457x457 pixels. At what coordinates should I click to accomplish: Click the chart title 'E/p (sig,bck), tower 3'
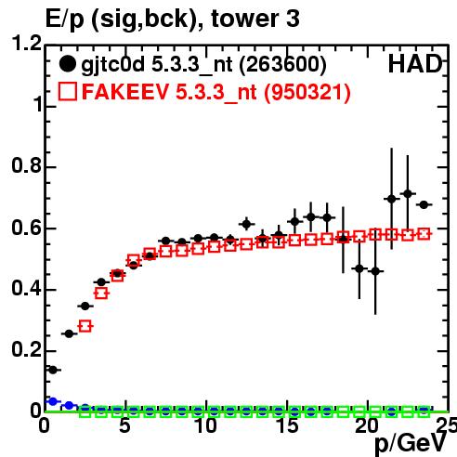[173, 20]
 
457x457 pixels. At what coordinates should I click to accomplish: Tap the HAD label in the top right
[415, 64]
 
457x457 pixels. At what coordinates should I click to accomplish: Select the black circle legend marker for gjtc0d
[68, 64]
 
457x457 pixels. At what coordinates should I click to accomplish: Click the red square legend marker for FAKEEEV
[68, 91]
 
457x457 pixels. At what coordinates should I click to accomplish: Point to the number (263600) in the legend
[283, 65]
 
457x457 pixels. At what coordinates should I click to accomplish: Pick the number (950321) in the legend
[307, 92]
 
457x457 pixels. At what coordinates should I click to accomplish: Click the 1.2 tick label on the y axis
[27, 43]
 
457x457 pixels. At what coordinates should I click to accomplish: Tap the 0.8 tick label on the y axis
[27, 165]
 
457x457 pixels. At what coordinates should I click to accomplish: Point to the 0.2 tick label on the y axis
[27, 349]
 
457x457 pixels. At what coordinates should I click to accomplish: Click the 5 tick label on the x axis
[124, 425]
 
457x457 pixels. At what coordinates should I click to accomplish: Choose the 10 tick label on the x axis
[205, 425]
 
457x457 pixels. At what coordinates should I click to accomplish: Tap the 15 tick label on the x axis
[287, 425]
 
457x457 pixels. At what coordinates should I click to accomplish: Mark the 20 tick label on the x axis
[367, 425]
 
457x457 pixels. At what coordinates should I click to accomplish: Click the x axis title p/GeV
[411, 444]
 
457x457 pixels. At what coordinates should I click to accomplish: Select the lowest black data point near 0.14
[53, 370]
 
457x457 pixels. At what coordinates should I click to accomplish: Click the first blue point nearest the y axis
[53, 401]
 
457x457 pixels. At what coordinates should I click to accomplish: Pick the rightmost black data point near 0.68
[424, 204]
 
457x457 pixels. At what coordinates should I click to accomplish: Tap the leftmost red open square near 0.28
[85, 326]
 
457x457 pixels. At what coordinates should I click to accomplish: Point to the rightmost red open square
[424, 234]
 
